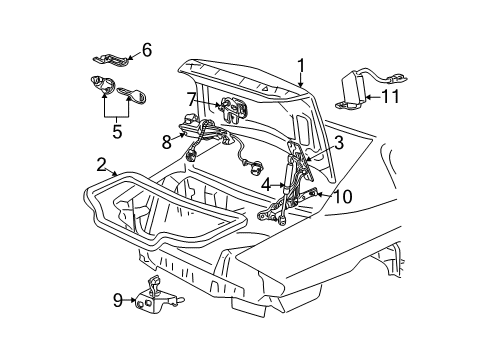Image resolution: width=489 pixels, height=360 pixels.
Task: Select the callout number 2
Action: pyautogui.click(x=102, y=165)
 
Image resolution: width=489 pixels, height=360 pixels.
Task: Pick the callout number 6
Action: pyautogui.click(x=146, y=49)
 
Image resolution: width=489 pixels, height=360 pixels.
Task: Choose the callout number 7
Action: pyautogui.click(x=191, y=100)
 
